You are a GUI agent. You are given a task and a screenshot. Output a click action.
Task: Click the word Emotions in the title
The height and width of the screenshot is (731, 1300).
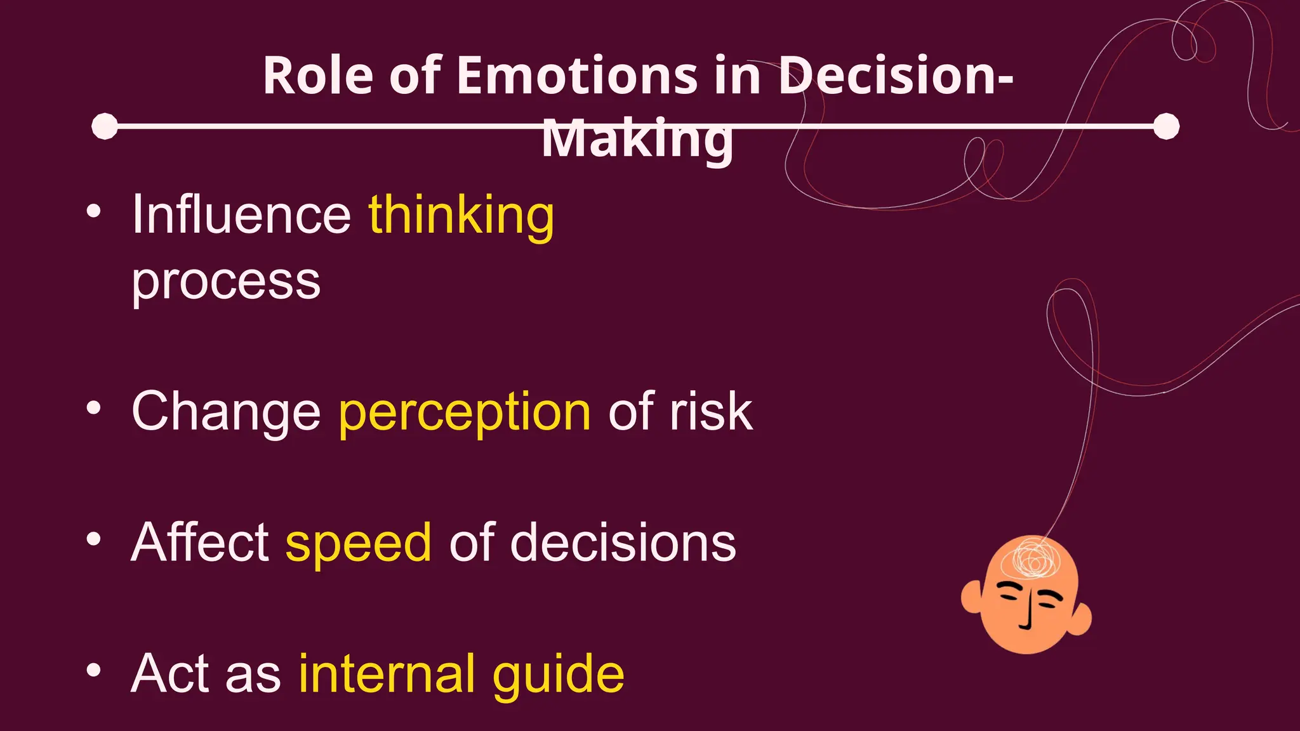coord(577,76)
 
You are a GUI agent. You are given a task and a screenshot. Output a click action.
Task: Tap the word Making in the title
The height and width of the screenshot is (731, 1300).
coord(637,139)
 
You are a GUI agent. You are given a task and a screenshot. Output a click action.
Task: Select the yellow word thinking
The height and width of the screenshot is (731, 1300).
coord(461,216)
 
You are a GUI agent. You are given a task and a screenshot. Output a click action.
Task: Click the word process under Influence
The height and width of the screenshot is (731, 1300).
coord(226,282)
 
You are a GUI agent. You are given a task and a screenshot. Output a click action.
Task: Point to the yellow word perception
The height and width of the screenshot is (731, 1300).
coord(465,412)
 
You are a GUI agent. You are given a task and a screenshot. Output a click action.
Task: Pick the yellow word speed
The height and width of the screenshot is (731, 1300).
coord(359,543)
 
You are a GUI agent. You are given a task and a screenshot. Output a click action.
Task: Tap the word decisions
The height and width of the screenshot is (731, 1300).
coord(623,543)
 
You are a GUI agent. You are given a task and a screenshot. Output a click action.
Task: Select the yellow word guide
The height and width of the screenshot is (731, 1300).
coord(558,675)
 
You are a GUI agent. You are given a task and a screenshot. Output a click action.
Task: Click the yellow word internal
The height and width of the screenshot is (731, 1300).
coord(386,674)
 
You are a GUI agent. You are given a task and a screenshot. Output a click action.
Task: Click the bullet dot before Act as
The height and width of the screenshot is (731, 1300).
coord(94,670)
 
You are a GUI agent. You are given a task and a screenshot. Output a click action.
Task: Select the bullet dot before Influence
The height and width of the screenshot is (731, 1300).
coord(94,211)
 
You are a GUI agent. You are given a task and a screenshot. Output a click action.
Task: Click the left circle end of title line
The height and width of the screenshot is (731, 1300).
coord(105,126)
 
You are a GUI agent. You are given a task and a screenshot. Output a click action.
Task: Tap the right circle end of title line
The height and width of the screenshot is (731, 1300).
coord(1166,126)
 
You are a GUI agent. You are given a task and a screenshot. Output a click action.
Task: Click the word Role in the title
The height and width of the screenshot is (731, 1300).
coord(318,76)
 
